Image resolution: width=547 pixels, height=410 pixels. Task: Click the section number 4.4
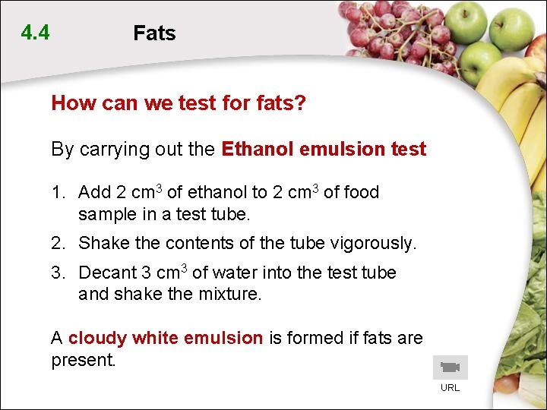point(36,33)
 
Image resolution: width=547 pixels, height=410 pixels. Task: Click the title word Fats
point(154,33)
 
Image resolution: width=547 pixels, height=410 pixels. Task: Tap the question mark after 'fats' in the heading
point(301,103)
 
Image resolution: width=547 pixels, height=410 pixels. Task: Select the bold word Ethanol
point(258,150)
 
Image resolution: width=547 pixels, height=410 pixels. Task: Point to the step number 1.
point(57,193)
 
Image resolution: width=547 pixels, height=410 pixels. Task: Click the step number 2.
point(57,244)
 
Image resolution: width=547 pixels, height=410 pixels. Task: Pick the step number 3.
point(57,273)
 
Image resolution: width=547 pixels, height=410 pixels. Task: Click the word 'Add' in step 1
point(94,193)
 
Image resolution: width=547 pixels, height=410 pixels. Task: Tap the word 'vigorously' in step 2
point(373,244)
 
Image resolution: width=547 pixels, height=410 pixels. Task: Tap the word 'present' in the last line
point(81,360)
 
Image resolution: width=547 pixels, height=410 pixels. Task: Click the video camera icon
point(451,367)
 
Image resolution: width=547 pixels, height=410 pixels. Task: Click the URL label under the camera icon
point(451,388)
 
